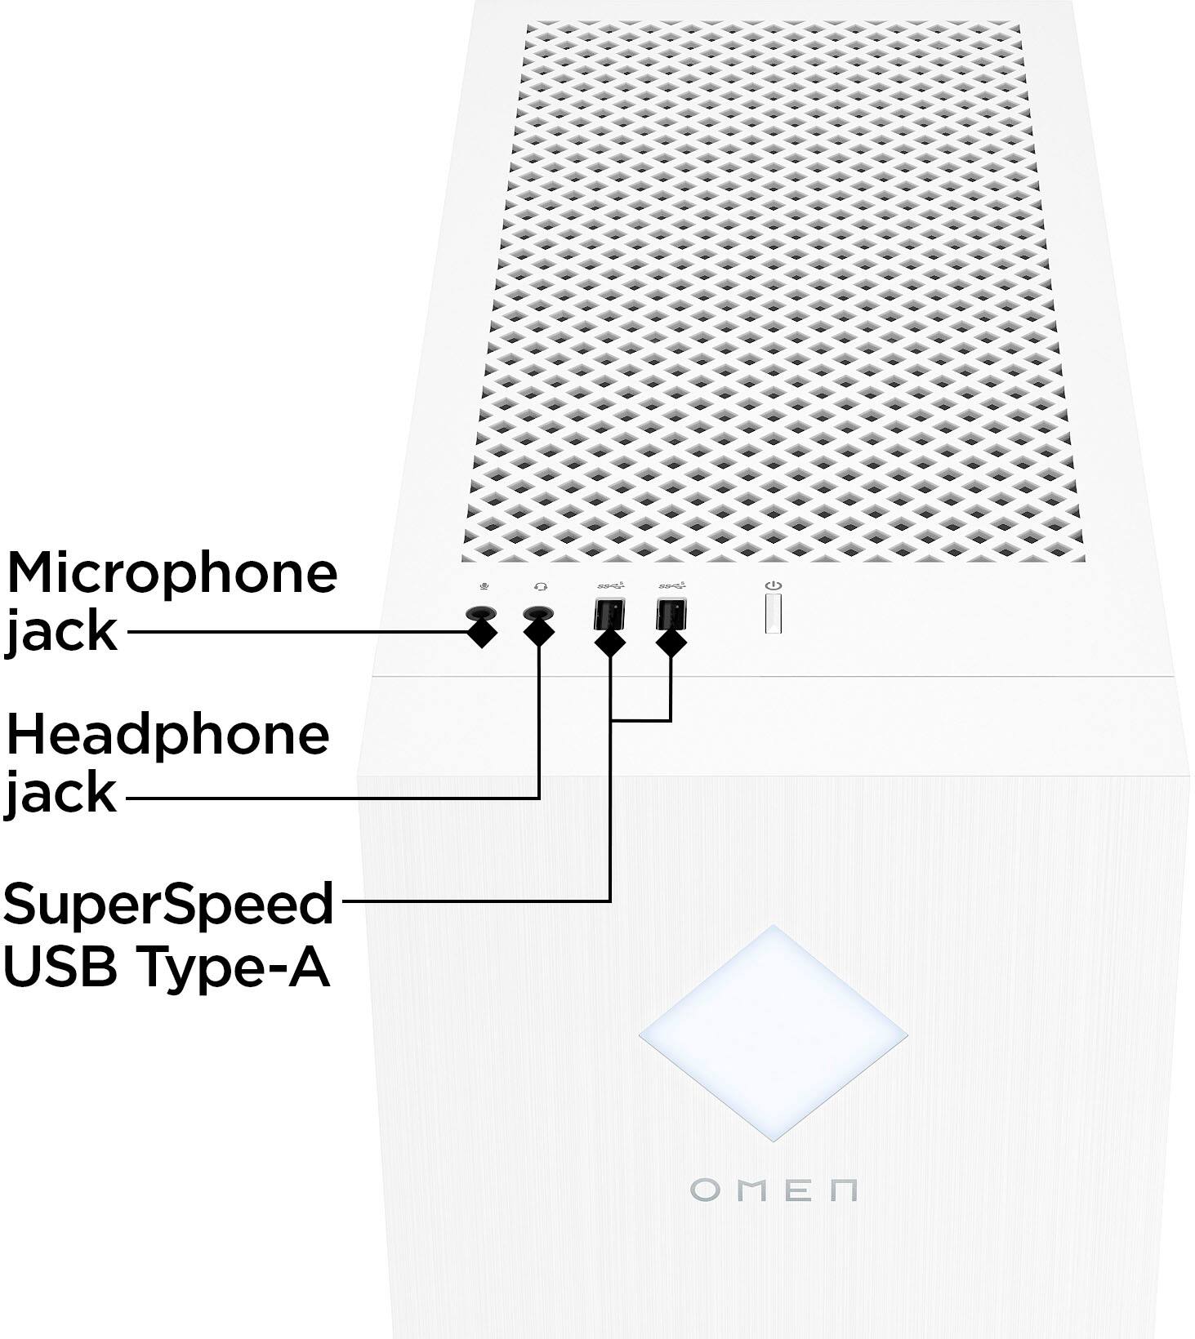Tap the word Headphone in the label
pos(167,735)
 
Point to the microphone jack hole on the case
pos(481,613)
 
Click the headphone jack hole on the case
pos(537,613)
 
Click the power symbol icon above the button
pos(774,585)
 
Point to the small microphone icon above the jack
pos(484,586)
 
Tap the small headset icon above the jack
pos(540,586)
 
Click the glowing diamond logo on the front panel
pos(773,1032)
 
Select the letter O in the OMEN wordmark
pos(705,1190)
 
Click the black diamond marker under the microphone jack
pos(482,633)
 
